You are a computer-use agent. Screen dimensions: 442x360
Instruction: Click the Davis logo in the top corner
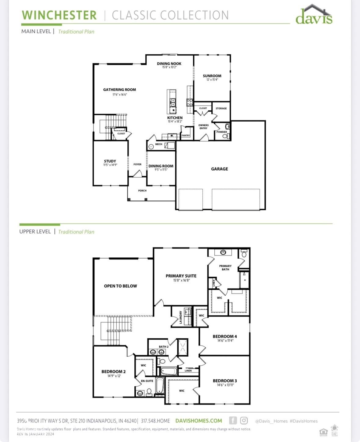pos(314,15)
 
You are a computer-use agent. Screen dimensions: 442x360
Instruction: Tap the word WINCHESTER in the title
pos(59,15)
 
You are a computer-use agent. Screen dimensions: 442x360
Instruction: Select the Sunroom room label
pos(212,76)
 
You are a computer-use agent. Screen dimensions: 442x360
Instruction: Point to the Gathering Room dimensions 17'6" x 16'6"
pos(119,95)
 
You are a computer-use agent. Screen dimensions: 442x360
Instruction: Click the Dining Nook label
pos(169,64)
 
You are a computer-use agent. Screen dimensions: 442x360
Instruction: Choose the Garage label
pos(219,169)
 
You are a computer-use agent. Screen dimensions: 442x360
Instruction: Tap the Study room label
pos(110,161)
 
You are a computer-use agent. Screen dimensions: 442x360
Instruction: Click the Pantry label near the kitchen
pos(186,135)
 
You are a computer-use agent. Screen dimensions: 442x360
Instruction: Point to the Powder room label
pos(222,132)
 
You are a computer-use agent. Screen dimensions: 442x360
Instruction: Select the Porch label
pos(142,191)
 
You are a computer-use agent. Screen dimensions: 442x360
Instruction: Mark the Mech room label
pos(159,144)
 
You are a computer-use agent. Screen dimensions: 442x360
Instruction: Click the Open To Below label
pos(120,286)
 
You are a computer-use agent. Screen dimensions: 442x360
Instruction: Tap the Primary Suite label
pos(181,276)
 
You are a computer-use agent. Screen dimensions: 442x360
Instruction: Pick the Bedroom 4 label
pos(225,336)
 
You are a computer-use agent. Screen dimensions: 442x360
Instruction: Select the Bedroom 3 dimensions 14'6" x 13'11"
pos(225,385)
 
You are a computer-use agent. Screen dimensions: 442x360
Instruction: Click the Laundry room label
pos(181,317)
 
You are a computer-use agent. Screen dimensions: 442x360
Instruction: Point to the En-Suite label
pos(147,381)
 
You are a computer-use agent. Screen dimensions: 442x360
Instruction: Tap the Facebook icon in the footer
pos(233,421)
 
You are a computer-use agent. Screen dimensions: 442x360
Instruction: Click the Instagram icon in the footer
pos(244,421)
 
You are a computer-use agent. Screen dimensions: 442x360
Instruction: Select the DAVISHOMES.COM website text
pos(198,421)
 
